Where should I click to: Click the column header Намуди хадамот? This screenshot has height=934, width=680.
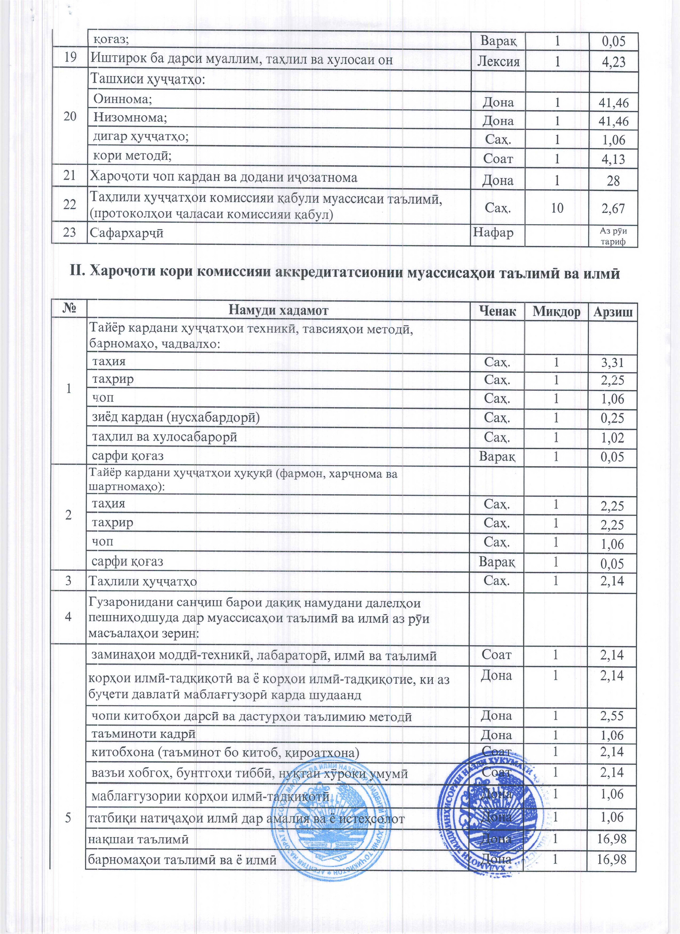(x=278, y=311)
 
